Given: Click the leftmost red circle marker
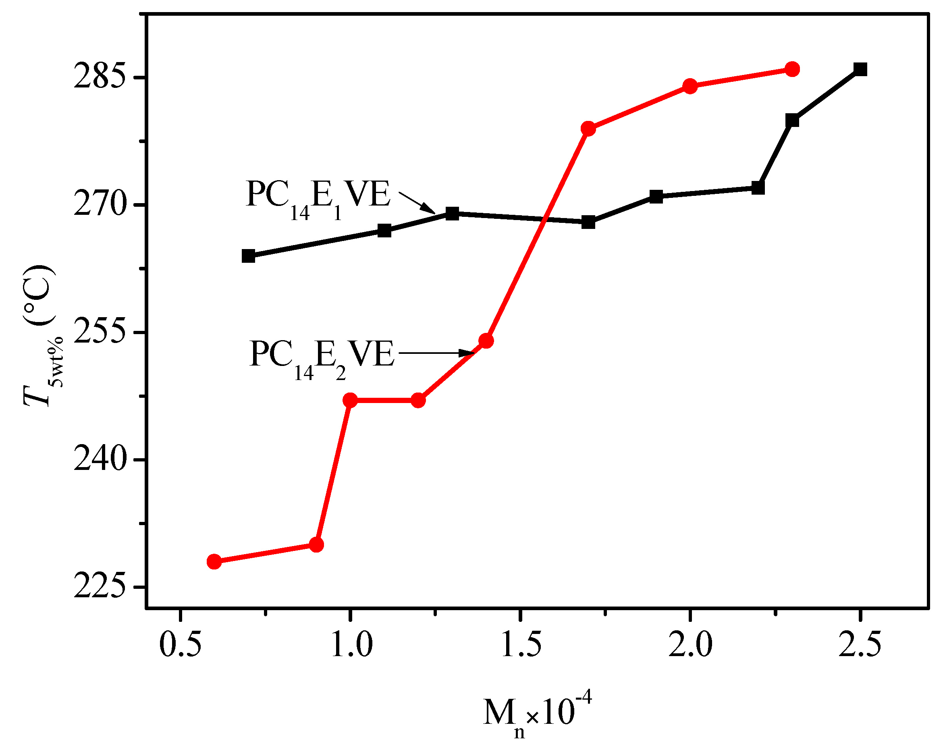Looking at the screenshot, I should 214,561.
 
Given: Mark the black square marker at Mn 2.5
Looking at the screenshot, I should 860,69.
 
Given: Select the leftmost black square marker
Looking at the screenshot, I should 248,256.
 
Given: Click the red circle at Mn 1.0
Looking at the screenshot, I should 350,400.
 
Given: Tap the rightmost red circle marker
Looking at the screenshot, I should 792,69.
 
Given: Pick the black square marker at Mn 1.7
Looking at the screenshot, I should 588,222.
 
